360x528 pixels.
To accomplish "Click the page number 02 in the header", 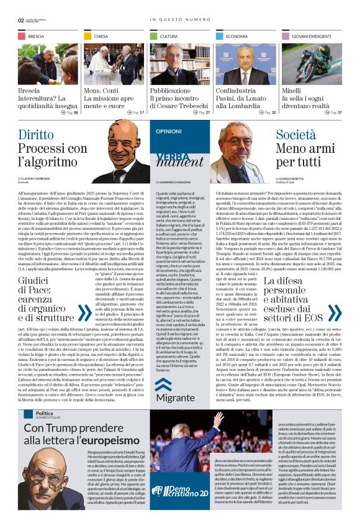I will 21,19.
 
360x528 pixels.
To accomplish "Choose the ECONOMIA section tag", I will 236,37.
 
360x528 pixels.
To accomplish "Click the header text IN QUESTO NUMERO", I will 179,19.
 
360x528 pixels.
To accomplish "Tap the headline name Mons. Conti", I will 102,91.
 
